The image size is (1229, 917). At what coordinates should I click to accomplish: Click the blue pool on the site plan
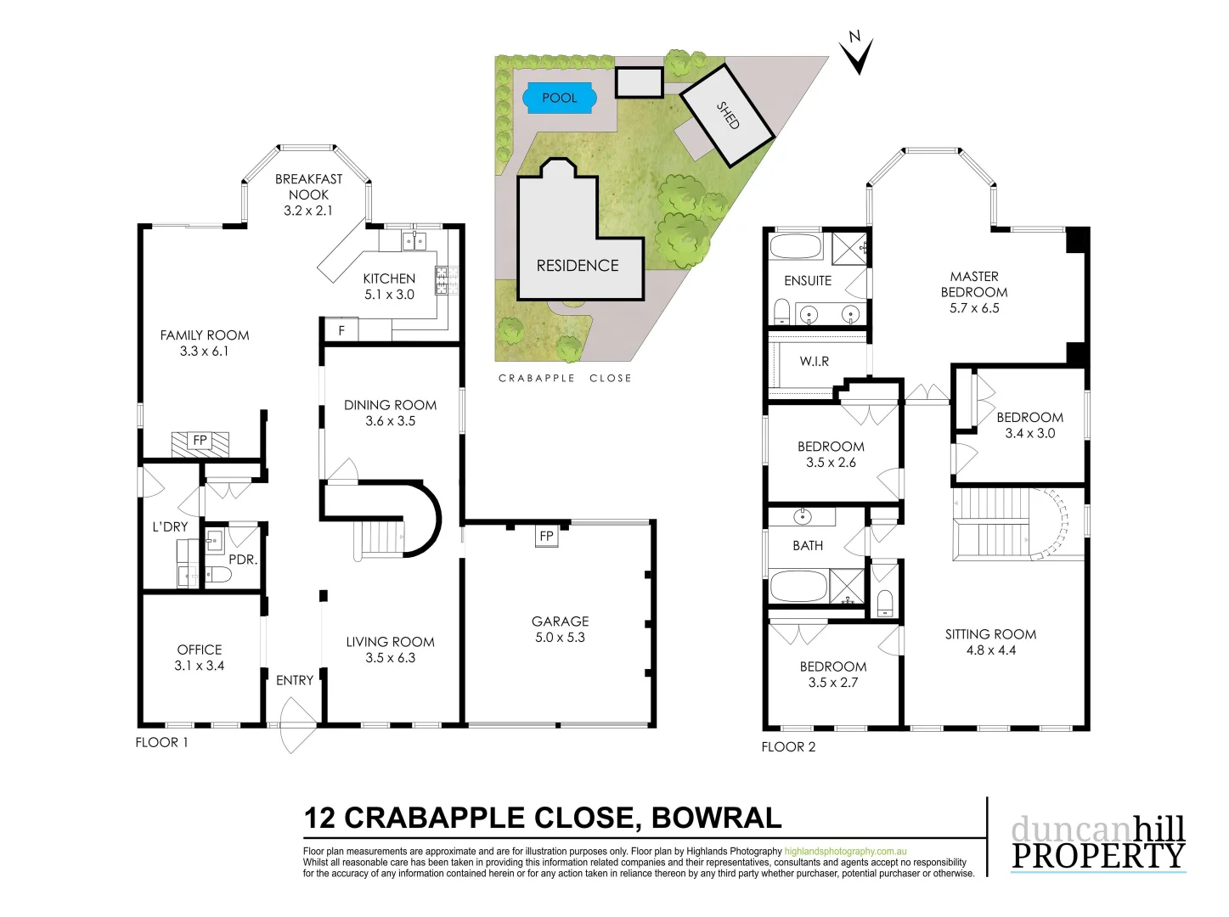[x=559, y=98]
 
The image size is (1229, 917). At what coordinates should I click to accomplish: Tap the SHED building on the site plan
[x=727, y=115]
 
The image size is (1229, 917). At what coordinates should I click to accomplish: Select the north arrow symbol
[x=857, y=53]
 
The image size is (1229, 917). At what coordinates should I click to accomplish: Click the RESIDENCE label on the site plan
[x=578, y=266]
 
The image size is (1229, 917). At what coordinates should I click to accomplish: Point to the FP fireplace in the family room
[x=200, y=441]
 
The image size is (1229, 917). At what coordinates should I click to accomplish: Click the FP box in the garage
[x=546, y=537]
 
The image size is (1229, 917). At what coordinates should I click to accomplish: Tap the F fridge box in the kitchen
[x=341, y=330]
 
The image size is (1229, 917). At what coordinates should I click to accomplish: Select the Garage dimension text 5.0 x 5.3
[x=560, y=638]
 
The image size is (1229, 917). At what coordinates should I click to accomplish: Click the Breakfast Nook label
[x=308, y=187]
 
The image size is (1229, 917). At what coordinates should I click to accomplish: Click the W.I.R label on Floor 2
[x=814, y=362]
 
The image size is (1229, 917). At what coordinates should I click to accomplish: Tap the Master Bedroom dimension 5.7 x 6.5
[x=974, y=308]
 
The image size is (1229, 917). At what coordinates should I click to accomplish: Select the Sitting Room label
[x=990, y=634]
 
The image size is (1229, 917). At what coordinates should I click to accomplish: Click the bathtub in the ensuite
[x=796, y=248]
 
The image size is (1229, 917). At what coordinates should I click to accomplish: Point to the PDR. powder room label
[x=243, y=560]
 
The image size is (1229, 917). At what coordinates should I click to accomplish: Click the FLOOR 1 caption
[x=161, y=742]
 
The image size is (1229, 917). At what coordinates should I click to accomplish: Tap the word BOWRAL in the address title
[x=716, y=818]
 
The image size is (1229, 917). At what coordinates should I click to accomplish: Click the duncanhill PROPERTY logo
[x=1097, y=842]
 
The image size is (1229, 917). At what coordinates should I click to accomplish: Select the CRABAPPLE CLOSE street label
[x=565, y=379]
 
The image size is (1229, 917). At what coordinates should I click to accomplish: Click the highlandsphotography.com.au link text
[x=845, y=851]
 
